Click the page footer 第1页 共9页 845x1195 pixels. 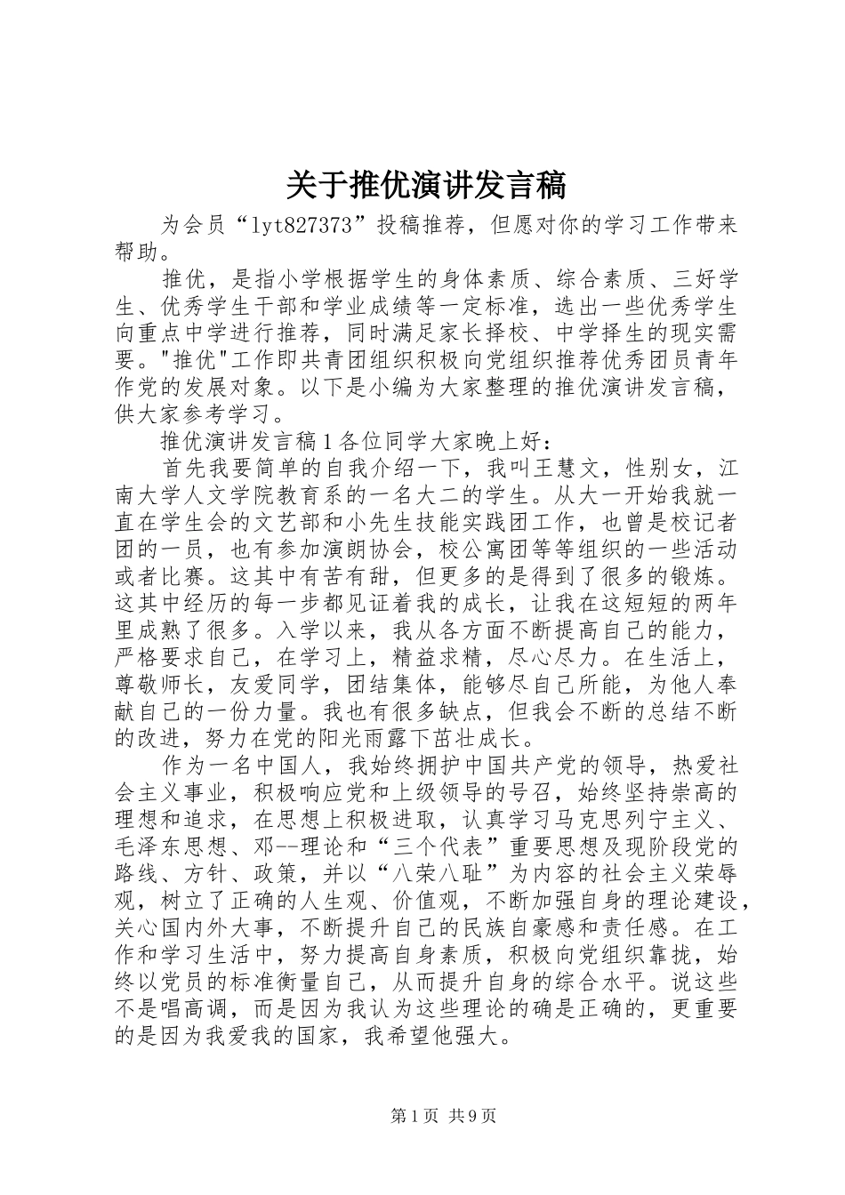coord(443,1116)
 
